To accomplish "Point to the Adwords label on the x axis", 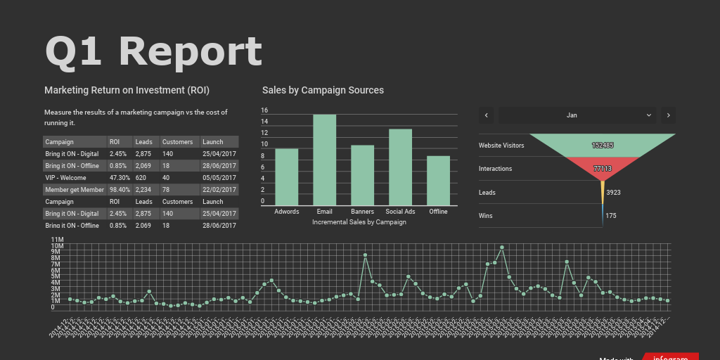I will click(286, 212).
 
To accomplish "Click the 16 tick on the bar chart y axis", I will click(264, 110).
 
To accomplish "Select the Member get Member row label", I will click(75, 190).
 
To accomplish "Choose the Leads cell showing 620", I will click(141, 178).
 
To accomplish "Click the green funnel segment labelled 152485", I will click(603, 146).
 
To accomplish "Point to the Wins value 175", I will click(610, 216).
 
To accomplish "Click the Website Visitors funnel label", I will click(501, 146).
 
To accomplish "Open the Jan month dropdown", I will click(577, 115).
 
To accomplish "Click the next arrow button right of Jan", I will click(669, 115).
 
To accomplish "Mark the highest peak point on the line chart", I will click(501, 247).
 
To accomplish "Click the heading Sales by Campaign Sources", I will click(323, 90).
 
